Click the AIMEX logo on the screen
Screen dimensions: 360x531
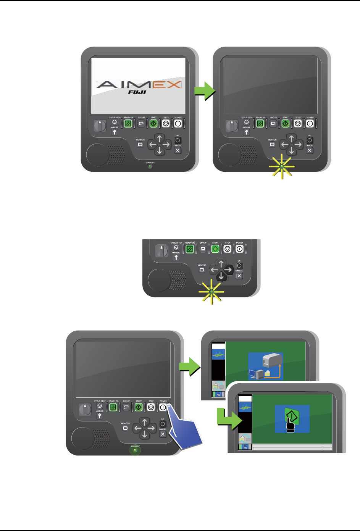[x=138, y=84]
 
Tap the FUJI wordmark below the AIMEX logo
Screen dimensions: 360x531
[x=137, y=92]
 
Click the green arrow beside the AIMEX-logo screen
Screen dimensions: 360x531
[x=205, y=91]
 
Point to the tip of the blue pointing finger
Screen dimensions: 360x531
[x=169, y=407]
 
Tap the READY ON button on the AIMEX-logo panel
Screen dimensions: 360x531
[x=128, y=123]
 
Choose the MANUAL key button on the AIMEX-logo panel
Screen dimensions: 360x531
[x=114, y=132]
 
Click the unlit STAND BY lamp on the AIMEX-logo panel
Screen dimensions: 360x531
[x=150, y=167]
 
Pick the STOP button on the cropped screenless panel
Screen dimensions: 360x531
[x=228, y=249]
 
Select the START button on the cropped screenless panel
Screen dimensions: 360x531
[x=215, y=249]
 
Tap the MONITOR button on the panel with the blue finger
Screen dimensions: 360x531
[x=125, y=428]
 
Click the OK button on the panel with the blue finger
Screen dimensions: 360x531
[x=163, y=424]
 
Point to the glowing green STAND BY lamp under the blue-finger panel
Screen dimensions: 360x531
[x=135, y=450]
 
